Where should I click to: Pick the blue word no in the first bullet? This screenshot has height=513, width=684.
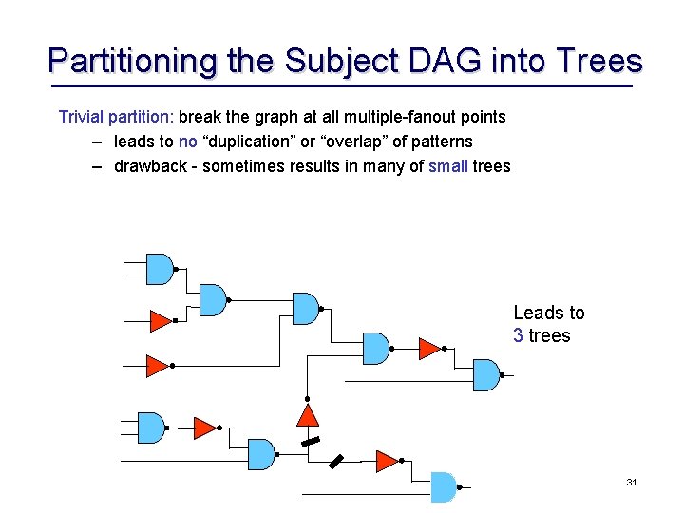coord(187,142)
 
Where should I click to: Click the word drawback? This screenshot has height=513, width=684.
coord(148,166)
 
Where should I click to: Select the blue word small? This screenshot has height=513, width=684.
coord(448,166)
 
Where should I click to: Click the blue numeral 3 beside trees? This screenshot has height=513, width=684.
coord(518,335)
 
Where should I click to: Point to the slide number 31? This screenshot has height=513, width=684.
coord(631,483)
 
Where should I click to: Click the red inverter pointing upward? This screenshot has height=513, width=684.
coord(307,415)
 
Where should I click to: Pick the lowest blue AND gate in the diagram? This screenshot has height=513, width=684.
coord(443,486)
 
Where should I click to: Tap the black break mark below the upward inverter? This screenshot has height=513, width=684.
coord(308,443)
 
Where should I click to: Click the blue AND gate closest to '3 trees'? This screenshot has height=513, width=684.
coord(485,375)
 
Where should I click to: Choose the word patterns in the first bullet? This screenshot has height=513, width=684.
coord(438,142)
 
